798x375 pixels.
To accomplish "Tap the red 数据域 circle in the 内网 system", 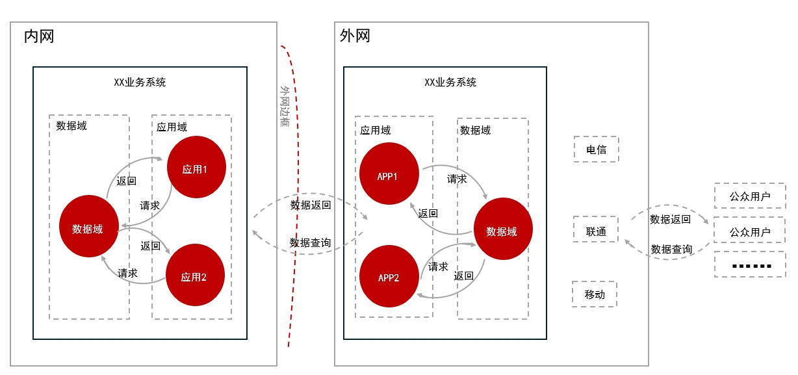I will coord(88,228).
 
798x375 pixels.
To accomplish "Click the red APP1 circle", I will coord(388,175).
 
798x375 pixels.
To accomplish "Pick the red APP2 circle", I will coord(389,277).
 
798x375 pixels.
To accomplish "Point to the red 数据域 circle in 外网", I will coord(502,231).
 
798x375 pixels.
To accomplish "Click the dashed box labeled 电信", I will coord(596,149).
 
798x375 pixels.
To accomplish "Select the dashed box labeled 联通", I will coord(595,231).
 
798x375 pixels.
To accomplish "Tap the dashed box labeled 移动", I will coord(595,294).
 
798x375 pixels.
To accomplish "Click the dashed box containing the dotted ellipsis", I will coord(749,265).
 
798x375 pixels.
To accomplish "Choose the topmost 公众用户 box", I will coord(749,196).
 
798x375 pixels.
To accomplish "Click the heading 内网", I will coord(39,36).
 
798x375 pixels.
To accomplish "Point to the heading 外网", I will coord(355,36).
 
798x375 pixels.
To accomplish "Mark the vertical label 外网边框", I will coord(285,107).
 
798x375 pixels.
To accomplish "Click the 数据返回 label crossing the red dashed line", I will coord(310,205).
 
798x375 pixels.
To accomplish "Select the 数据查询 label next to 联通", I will coord(671,249).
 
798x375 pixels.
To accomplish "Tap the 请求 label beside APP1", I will coord(457,179).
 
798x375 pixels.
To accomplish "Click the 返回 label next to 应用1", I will coord(126,181).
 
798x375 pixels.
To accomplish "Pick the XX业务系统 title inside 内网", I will coord(140,83).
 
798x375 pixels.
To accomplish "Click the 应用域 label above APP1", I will coord(376,131).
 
